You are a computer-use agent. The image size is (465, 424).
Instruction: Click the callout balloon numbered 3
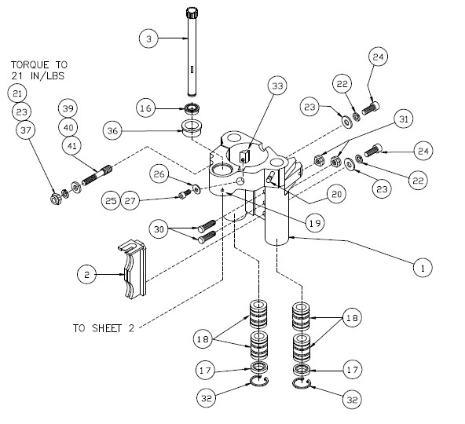pos(149,38)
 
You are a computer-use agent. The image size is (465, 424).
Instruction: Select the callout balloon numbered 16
pos(146,108)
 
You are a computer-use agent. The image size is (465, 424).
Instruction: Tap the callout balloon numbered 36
pos(112,131)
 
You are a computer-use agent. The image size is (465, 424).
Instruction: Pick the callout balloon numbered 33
pos(277,86)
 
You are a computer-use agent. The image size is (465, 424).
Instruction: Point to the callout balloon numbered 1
pos(423,268)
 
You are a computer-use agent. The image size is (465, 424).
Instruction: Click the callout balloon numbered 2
pos(86,275)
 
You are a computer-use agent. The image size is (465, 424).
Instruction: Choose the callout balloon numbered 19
pos(315,223)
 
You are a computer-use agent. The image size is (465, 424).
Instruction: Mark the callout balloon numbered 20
pos(337,194)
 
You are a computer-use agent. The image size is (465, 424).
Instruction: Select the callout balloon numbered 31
pos(404,119)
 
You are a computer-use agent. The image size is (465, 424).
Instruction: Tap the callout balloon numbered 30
pos(159,229)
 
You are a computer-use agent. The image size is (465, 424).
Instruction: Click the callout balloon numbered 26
pos(159,174)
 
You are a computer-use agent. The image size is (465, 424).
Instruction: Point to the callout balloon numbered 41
pos(72,145)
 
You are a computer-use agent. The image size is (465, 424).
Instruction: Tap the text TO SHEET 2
pos(104,328)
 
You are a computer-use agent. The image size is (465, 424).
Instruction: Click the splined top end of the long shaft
pos(192,13)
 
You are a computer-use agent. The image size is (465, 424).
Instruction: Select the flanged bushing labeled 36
pos(192,128)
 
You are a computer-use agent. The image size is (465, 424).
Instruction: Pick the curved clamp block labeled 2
pos(132,269)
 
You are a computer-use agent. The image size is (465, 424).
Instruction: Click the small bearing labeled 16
pos(192,108)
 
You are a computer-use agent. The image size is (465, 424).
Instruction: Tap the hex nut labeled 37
pos(56,199)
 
